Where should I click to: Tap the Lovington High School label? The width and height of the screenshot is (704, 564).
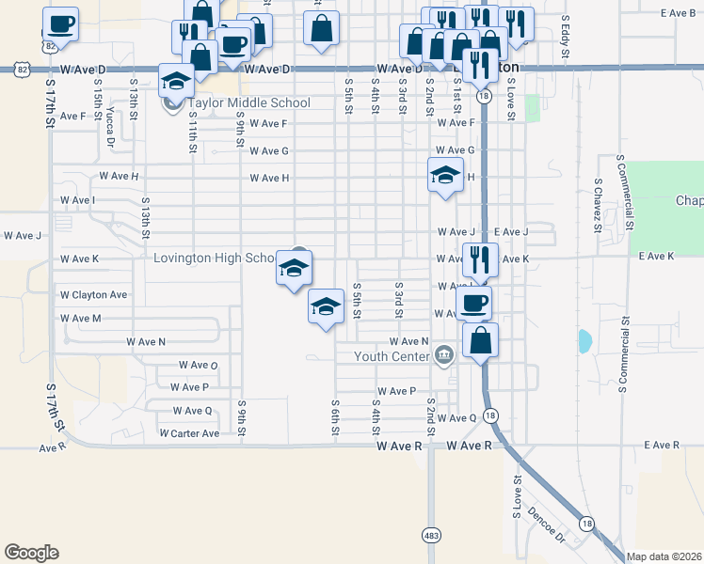215,258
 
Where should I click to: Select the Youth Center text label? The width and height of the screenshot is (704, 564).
391,356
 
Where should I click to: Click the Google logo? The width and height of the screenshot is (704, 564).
31,552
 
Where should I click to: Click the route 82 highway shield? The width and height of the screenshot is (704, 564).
22,70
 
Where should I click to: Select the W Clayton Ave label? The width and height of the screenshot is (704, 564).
93,294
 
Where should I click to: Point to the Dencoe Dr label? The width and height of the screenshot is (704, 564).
546,525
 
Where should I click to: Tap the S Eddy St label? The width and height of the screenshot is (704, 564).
566,38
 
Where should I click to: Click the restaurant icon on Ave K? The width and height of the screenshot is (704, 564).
480,258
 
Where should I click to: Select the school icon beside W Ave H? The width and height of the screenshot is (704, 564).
446,174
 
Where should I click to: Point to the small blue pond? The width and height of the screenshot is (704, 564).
585,341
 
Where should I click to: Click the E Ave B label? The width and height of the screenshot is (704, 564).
678,13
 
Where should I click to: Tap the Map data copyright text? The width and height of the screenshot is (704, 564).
663,556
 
